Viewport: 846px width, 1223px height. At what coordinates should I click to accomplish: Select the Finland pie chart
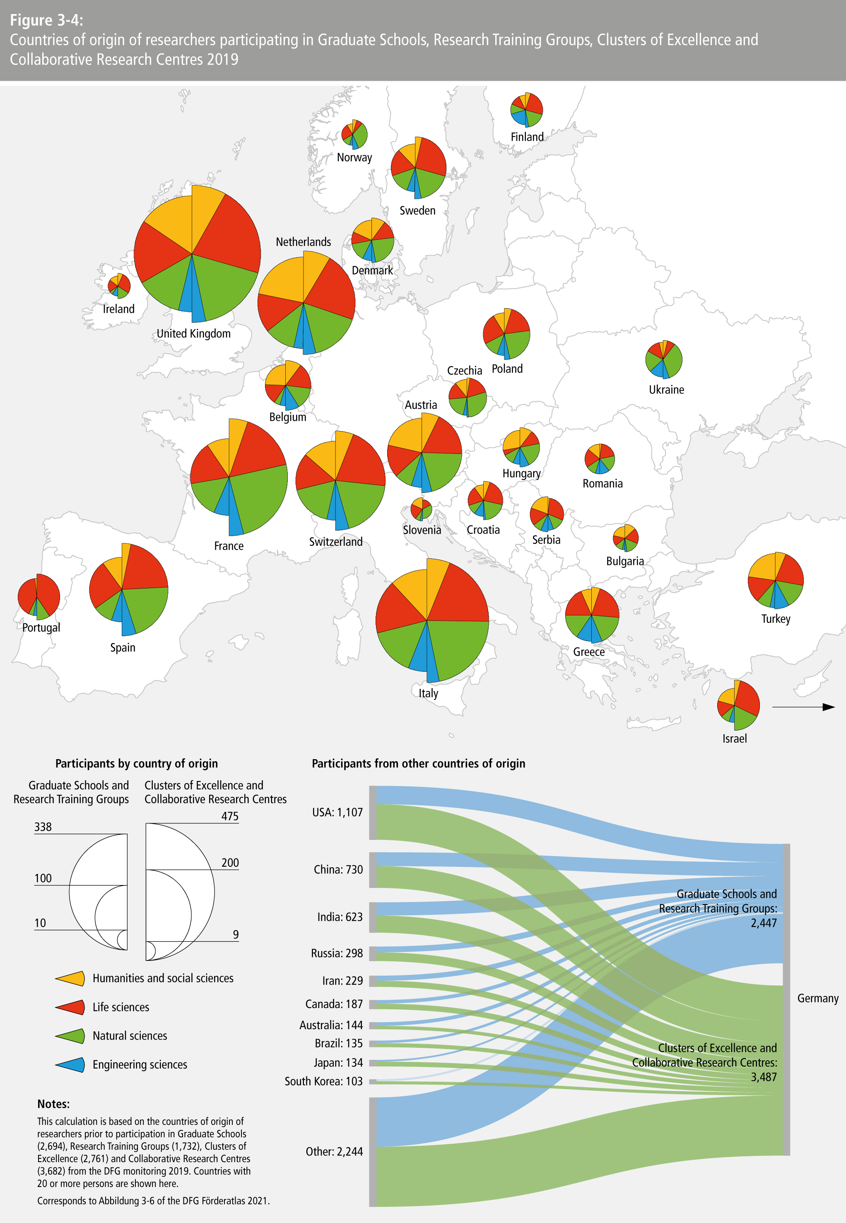point(526,110)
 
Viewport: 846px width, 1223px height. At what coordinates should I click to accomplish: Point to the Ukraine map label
point(666,390)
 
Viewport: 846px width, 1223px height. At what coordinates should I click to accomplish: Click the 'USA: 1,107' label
point(337,812)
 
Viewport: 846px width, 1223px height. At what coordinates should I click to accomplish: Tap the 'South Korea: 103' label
point(323,1081)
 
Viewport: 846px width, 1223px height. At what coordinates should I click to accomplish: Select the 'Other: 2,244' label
point(334,1151)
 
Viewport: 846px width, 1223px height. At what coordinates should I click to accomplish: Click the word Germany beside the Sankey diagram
point(817,998)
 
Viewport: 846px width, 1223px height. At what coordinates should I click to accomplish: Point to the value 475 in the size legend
point(229,816)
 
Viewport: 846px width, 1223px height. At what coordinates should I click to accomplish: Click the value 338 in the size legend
point(43,827)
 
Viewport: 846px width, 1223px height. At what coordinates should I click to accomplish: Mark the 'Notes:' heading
point(53,1104)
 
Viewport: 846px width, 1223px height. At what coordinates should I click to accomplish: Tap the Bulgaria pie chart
point(625,538)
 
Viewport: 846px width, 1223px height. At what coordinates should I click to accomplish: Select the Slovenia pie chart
point(422,509)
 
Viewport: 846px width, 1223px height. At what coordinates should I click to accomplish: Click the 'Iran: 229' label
point(342,981)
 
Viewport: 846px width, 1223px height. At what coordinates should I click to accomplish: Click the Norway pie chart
point(354,134)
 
